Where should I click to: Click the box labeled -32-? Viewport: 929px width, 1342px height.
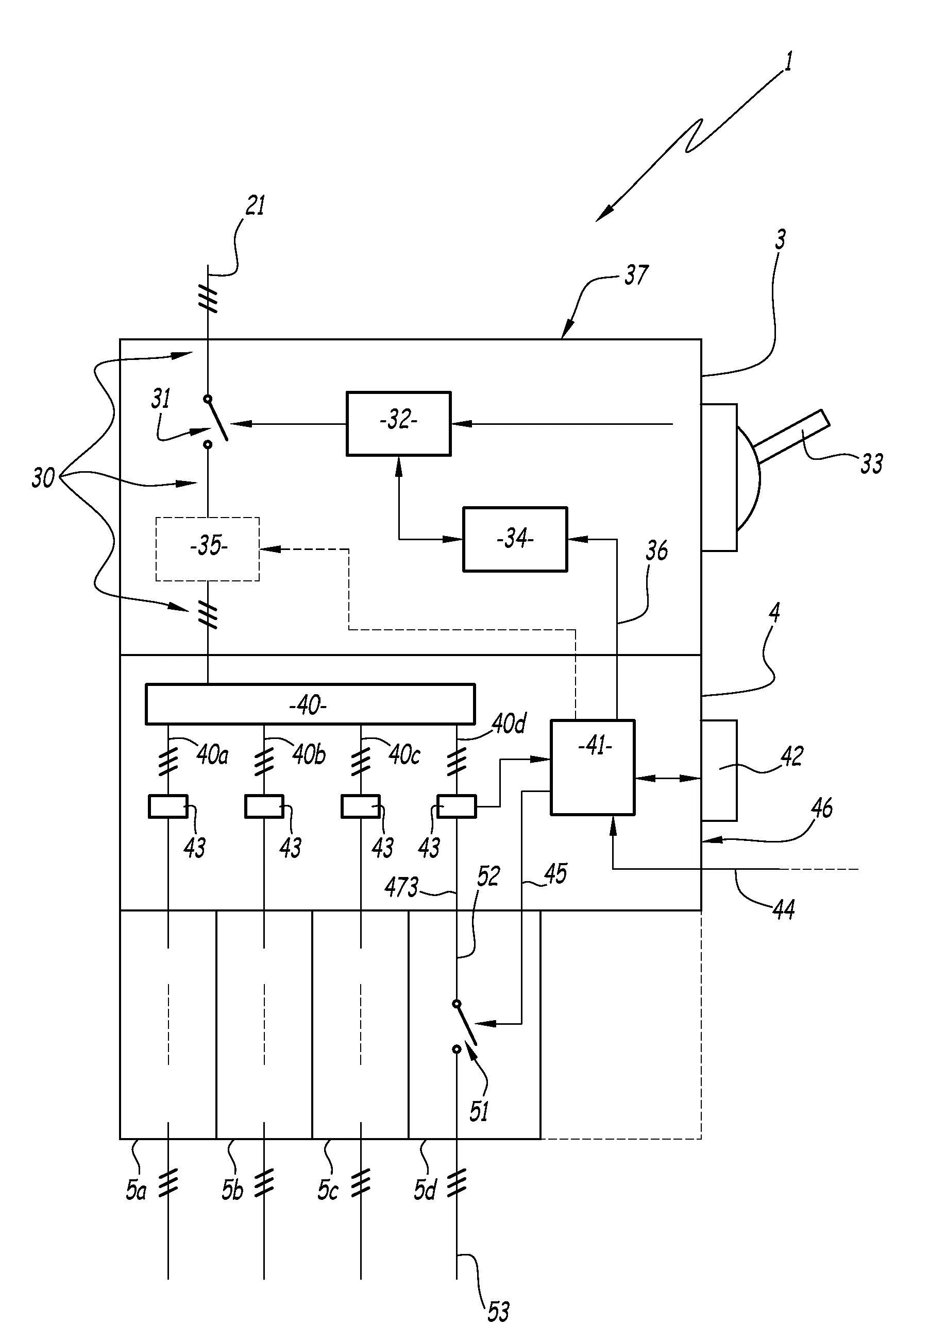[398, 423]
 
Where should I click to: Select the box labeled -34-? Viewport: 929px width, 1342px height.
[515, 539]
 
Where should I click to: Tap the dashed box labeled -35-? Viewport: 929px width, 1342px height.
[207, 548]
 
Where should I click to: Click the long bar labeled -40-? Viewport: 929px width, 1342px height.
[310, 704]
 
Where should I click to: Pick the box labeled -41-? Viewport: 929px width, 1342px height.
[593, 767]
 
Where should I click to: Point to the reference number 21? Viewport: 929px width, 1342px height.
[256, 206]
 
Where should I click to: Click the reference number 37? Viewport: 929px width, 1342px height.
[636, 275]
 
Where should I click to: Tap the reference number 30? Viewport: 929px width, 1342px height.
[43, 478]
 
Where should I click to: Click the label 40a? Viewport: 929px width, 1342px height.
[212, 755]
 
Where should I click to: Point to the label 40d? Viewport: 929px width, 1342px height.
[509, 724]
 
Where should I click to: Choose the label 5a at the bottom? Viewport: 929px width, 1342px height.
[136, 1190]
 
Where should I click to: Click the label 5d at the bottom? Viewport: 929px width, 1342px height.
[425, 1190]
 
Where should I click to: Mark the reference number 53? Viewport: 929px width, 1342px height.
[498, 1312]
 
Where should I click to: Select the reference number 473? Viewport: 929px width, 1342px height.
[401, 887]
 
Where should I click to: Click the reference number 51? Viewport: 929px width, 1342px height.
[479, 1112]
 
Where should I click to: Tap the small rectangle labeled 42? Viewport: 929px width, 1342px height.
[719, 770]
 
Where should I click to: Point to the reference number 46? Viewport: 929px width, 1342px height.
[821, 808]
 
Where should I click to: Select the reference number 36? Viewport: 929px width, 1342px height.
[656, 550]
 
